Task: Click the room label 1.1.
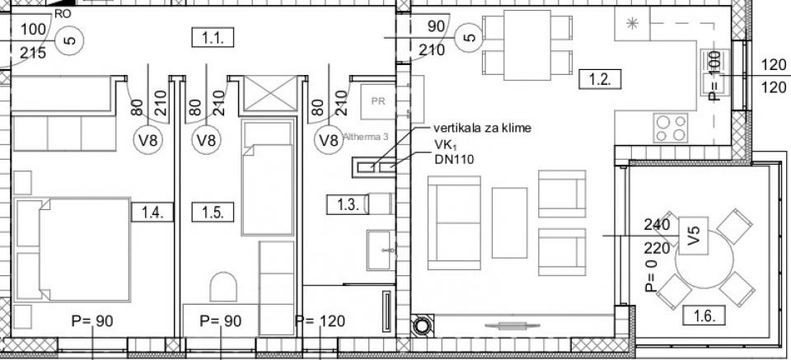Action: point(213,38)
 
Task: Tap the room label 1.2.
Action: point(600,79)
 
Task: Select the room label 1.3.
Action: point(348,204)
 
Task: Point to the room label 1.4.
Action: point(152,213)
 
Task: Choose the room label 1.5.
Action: point(213,213)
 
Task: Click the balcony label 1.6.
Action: point(704,316)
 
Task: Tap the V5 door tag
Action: point(693,236)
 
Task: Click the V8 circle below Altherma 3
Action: point(329,140)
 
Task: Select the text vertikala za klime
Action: point(482,128)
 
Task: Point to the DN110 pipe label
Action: point(454,160)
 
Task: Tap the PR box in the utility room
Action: point(378,101)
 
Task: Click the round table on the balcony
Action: point(704,259)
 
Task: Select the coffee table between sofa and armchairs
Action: point(509,223)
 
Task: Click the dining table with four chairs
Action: point(527,45)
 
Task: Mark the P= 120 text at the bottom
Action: point(320,321)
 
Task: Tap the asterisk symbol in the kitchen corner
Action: point(632,23)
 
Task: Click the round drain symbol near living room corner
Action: point(422,325)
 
